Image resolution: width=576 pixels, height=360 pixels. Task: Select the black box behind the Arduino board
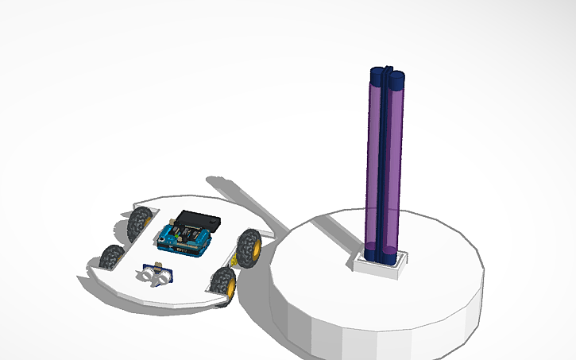point(197,219)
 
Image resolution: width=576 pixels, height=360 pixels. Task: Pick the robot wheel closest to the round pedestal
point(250,246)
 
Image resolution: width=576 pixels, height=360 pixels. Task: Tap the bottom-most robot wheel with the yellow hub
point(222,284)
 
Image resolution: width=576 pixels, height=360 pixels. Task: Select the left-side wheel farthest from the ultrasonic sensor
point(140,223)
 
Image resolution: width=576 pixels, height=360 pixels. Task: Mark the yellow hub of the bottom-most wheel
point(227,286)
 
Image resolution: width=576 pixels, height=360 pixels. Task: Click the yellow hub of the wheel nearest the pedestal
point(257,249)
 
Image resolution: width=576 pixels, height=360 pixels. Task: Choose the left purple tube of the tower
point(374,159)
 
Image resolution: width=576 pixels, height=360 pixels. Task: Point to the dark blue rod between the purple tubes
point(385,159)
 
